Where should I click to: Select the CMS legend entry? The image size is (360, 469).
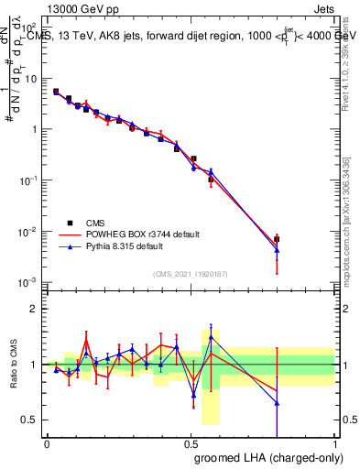[x=95, y=222]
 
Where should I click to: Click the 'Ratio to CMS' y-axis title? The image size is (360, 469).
[x=13, y=364]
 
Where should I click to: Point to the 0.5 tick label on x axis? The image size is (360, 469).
[x=191, y=442]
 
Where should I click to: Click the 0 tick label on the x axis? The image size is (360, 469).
[x=47, y=442]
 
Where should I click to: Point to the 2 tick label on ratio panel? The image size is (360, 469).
[x=34, y=309]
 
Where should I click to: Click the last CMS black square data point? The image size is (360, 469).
[x=277, y=239]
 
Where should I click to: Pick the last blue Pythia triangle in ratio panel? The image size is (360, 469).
[x=277, y=403]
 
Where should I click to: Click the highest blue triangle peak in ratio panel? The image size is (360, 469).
[x=211, y=336]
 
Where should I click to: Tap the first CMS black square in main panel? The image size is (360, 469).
[x=56, y=92]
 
